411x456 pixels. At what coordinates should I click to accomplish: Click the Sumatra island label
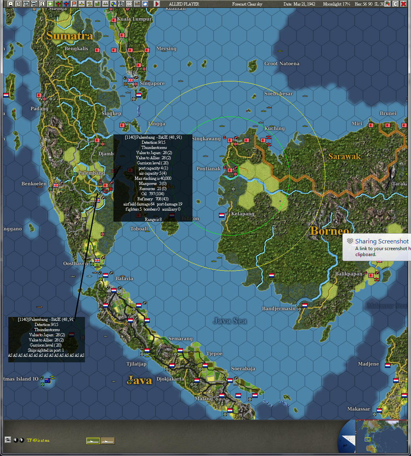tap(70, 36)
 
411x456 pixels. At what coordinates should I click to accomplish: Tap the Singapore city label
tap(152, 83)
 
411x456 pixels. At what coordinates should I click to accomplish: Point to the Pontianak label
tap(208, 169)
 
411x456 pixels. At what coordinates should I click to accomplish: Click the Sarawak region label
tap(344, 156)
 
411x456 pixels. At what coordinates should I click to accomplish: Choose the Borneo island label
tap(330, 231)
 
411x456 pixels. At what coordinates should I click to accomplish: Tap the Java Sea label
tap(230, 321)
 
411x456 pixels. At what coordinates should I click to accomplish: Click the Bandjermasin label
tap(279, 309)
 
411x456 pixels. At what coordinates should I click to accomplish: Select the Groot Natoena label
tap(282, 64)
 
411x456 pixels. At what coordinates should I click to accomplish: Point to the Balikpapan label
tap(349, 274)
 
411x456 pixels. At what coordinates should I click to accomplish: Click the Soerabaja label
tap(243, 369)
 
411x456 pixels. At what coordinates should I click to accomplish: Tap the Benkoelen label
tap(34, 184)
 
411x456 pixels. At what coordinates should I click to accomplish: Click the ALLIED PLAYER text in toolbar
tap(184, 4)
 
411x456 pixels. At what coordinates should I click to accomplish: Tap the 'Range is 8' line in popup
tap(153, 219)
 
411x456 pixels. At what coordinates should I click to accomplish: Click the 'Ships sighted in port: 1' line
tap(46, 350)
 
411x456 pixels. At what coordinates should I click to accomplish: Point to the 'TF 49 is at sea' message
tap(38, 440)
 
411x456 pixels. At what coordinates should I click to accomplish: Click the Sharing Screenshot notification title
tap(382, 241)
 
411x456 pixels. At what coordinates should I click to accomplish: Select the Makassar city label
tap(359, 409)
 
